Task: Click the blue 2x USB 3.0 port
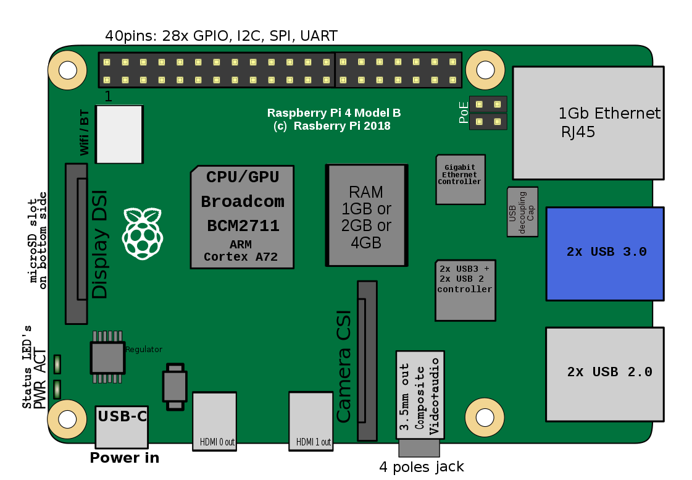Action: pyautogui.click(x=605, y=254)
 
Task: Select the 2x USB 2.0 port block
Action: pyautogui.click(x=605, y=374)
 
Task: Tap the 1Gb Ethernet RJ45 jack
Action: pyautogui.click(x=588, y=123)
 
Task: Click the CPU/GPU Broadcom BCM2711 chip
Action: pyautogui.click(x=242, y=217)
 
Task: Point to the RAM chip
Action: pyautogui.click(x=366, y=216)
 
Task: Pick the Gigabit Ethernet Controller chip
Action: pyautogui.click(x=461, y=179)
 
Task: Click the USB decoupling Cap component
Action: pyautogui.click(x=522, y=212)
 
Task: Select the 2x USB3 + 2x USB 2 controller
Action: pyautogui.click(x=465, y=290)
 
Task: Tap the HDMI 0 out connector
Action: pyautogui.click(x=214, y=421)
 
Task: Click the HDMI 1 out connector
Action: pyautogui.click(x=311, y=421)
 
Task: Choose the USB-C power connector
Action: pyautogui.click(x=122, y=427)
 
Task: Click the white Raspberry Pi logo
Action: pyautogui.click(x=143, y=233)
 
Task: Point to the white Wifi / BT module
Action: pyautogui.click(x=119, y=134)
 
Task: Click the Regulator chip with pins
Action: pyautogui.click(x=107, y=357)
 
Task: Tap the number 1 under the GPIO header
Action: pyautogui.click(x=108, y=96)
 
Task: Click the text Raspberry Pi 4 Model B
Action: pyautogui.click(x=333, y=113)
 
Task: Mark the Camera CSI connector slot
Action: pyautogui.click(x=367, y=361)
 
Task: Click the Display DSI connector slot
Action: pyautogui.click(x=77, y=244)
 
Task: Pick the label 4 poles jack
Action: pyautogui.click(x=422, y=467)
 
